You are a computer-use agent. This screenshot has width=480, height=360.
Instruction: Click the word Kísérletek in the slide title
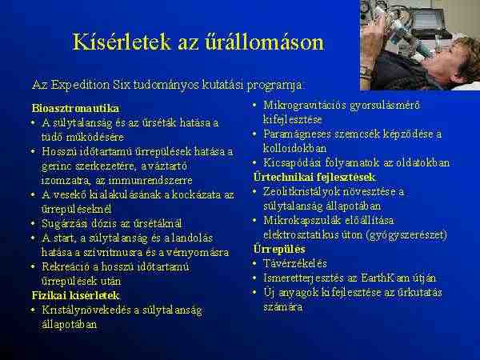pyautogui.click(x=122, y=42)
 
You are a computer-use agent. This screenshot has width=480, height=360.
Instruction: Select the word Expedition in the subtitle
pyautogui.click(x=80, y=85)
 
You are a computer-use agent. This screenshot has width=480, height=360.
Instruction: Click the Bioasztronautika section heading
pyautogui.click(x=75, y=108)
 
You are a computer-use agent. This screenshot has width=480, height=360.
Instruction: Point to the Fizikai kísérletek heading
pyautogui.click(x=76, y=295)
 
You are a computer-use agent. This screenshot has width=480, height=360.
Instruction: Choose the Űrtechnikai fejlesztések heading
pyautogui.click(x=314, y=178)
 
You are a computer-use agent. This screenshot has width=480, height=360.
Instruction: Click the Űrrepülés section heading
pyautogui.click(x=279, y=249)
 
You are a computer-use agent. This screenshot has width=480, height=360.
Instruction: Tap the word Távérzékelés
pyautogui.click(x=294, y=263)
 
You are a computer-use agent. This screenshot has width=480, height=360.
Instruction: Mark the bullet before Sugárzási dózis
pyautogui.click(x=34, y=223)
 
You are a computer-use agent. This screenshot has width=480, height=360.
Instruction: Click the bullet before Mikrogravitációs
pyautogui.click(x=255, y=106)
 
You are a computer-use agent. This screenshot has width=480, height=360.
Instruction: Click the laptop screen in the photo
pyautogui.click(x=426, y=19)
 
